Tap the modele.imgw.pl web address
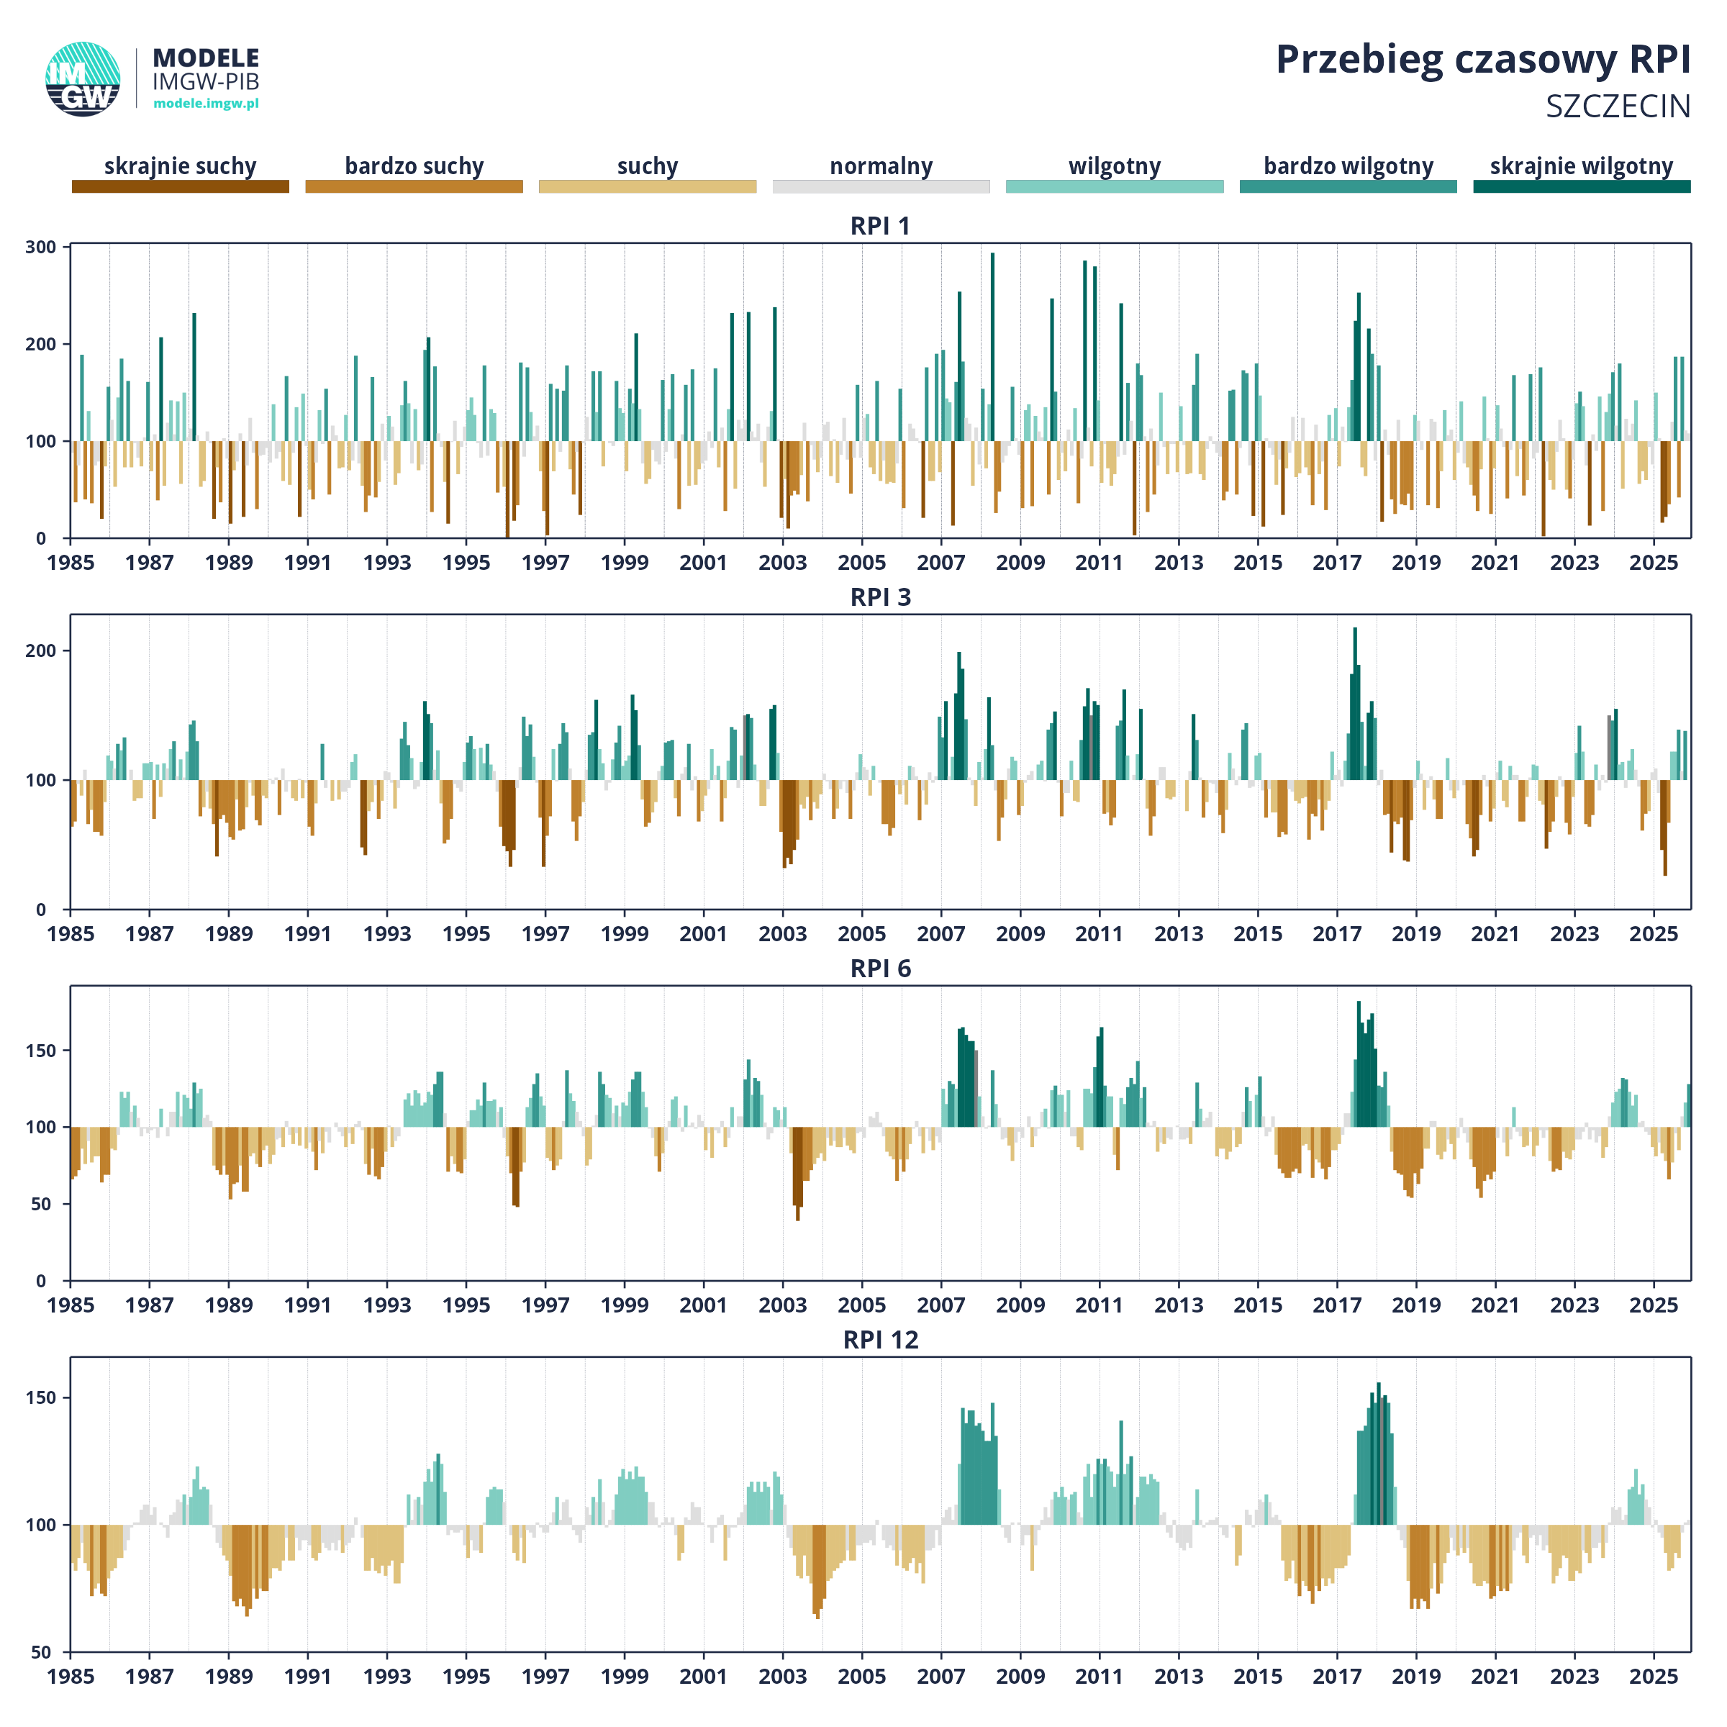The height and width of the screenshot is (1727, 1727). pos(206,104)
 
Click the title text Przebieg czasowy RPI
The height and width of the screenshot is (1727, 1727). pos(1482,60)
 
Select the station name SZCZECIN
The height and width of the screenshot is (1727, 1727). pos(1618,107)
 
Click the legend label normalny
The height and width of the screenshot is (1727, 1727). pos(881,166)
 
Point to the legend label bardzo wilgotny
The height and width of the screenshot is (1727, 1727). pos(1348,166)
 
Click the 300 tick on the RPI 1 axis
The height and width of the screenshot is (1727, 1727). pos(40,248)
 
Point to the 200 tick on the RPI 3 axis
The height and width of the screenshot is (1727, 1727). pos(40,651)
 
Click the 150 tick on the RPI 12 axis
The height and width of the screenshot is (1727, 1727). pos(40,1398)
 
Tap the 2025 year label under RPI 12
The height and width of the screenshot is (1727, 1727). pos(1653,1677)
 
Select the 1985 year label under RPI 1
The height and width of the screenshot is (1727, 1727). pos(71,563)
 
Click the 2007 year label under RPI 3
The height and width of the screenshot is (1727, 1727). pos(940,934)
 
